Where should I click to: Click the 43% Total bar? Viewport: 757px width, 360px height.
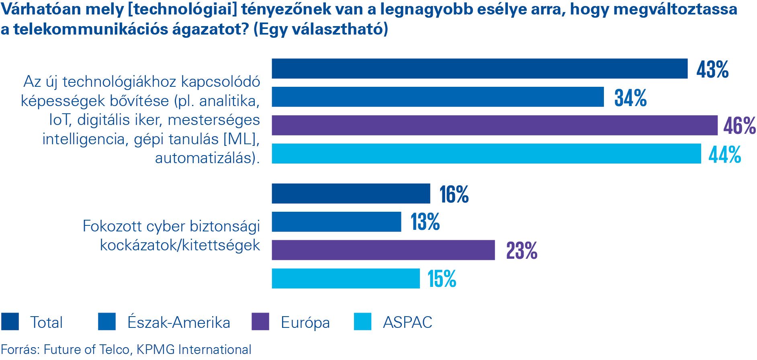click(479, 69)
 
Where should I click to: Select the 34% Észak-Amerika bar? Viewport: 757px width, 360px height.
click(438, 97)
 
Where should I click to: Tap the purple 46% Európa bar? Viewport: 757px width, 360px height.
click(494, 125)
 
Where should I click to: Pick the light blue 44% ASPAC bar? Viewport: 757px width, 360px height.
click(486, 153)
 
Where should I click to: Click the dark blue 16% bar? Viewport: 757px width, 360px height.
click(351, 194)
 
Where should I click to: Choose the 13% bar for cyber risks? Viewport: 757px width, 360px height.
click(336, 222)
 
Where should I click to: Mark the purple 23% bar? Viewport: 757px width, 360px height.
click(383, 250)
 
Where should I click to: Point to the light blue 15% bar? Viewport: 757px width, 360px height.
click(346, 278)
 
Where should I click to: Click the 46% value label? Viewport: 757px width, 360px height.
click(739, 126)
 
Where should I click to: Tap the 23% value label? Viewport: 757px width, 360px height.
click(522, 251)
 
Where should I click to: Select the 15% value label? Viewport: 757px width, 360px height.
click(442, 279)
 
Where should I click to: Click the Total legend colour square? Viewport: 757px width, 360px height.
click(10, 322)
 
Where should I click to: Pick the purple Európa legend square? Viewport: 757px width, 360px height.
click(260, 322)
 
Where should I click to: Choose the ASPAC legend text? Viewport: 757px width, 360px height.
click(407, 322)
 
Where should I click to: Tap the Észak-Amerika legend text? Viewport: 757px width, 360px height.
click(179, 322)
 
